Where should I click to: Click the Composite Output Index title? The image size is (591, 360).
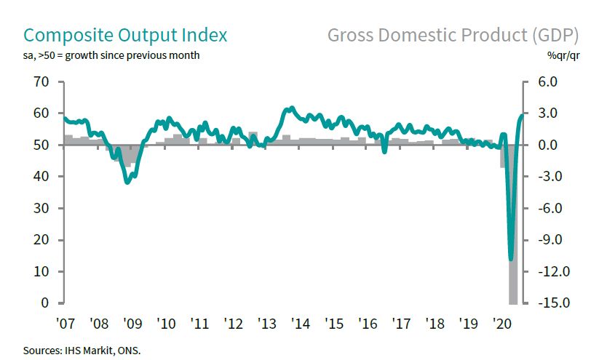(125, 35)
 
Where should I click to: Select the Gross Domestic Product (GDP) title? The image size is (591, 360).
(453, 35)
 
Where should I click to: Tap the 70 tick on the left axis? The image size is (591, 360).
(40, 82)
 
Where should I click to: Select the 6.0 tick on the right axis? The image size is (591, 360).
(547, 82)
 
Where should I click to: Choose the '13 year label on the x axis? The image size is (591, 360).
(266, 323)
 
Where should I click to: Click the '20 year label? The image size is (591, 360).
(501, 323)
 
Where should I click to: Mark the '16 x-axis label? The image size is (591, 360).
(367, 323)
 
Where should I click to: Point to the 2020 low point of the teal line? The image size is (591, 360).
(511, 258)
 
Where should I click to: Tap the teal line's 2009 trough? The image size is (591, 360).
(127, 182)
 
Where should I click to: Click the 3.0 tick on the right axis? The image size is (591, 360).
(547, 113)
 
